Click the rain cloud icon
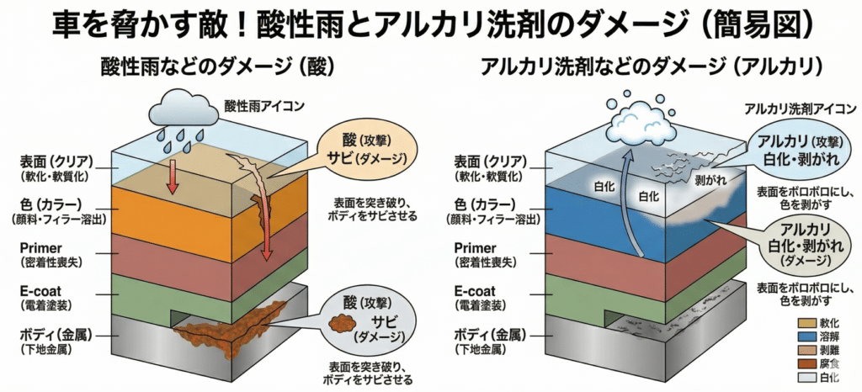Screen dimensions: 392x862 [181, 109]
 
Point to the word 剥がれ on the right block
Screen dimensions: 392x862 [705, 180]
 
